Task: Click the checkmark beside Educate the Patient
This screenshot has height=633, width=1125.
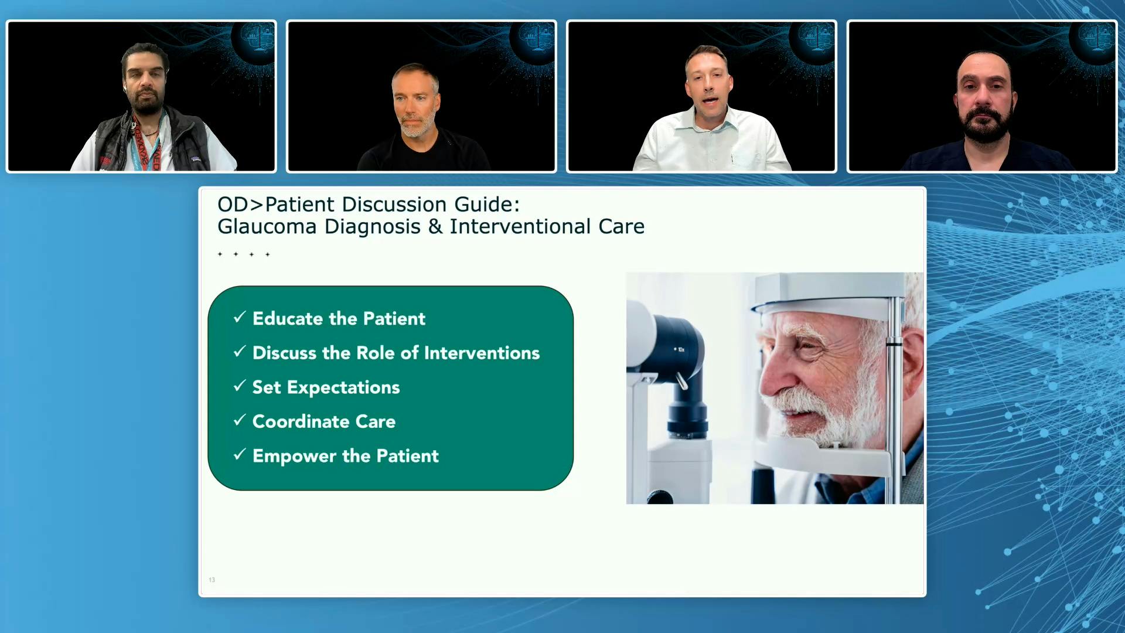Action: click(x=239, y=317)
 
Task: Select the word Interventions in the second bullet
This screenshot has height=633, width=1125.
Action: click(x=482, y=353)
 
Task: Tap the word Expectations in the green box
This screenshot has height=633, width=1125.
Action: click(x=343, y=387)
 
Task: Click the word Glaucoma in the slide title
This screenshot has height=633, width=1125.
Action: click(x=267, y=227)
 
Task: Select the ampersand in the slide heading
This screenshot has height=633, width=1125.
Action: click(x=435, y=227)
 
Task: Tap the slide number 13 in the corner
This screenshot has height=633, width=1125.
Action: click(x=212, y=580)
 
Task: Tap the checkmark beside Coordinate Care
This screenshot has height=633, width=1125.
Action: click(x=239, y=420)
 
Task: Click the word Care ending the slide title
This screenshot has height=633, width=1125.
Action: click(x=621, y=227)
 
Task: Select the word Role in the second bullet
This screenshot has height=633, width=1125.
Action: click(x=375, y=353)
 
